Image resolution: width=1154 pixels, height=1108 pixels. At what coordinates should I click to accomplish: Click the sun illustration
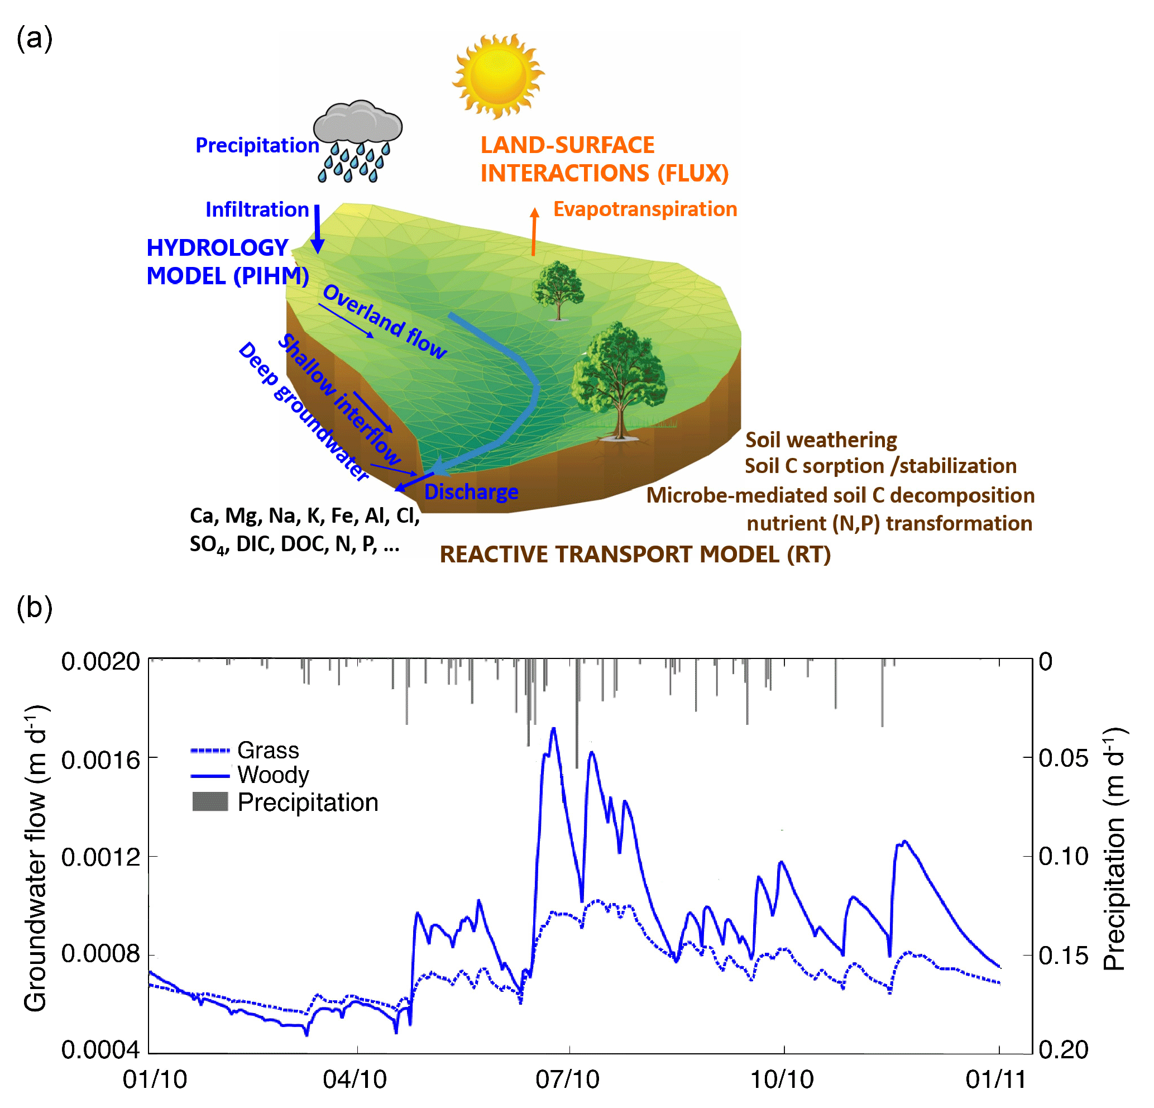click(x=497, y=75)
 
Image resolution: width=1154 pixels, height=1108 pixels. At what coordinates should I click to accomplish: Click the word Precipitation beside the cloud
click(x=257, y=145)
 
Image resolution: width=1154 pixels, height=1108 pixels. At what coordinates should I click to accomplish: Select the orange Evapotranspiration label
click(x=645, y=209)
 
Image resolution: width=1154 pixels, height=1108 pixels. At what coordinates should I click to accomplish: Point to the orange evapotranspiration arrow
click(x=534, y=232)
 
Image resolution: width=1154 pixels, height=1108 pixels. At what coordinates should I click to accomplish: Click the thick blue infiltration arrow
click(x=317, y=228)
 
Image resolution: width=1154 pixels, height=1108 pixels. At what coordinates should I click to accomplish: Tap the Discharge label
click(x=471, y=491)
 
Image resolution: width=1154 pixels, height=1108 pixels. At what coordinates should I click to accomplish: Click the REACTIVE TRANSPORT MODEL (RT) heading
click(x=635, y=555)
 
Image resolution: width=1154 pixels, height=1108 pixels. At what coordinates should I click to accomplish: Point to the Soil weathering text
click(x=821, y=440)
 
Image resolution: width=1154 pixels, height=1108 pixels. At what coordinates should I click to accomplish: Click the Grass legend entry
click(x=268, y=751)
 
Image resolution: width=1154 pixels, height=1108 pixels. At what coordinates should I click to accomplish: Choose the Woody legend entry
click(x=273, y=775)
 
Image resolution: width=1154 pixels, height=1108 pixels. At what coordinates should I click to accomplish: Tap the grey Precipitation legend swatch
click(x=210, y=802)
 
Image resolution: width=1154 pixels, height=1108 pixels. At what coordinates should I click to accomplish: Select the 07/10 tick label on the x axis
click(x=567, y=1080)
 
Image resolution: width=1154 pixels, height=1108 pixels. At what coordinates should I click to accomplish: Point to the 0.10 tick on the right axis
click(x=1064, y=857)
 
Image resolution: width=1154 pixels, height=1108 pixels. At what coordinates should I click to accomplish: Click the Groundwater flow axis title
click(x=35, y=858)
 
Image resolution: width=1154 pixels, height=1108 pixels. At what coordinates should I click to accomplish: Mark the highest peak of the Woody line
click(x=553, y=729)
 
